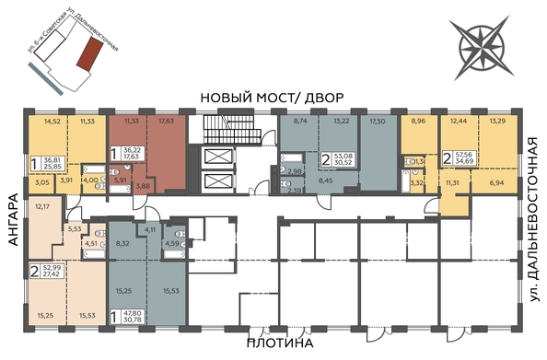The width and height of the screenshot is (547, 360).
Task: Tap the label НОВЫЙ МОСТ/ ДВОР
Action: pos(273,98)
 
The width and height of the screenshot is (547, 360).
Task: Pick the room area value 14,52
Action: pos(51,121)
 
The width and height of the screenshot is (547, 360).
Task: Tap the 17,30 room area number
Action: pos(377,121)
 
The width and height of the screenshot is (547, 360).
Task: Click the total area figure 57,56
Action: pos(462,156)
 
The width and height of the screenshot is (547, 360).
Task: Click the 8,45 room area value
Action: pos(325,181)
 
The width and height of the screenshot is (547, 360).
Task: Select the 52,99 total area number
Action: pos(52,268)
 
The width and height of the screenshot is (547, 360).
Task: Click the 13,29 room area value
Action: pos(497,121)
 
